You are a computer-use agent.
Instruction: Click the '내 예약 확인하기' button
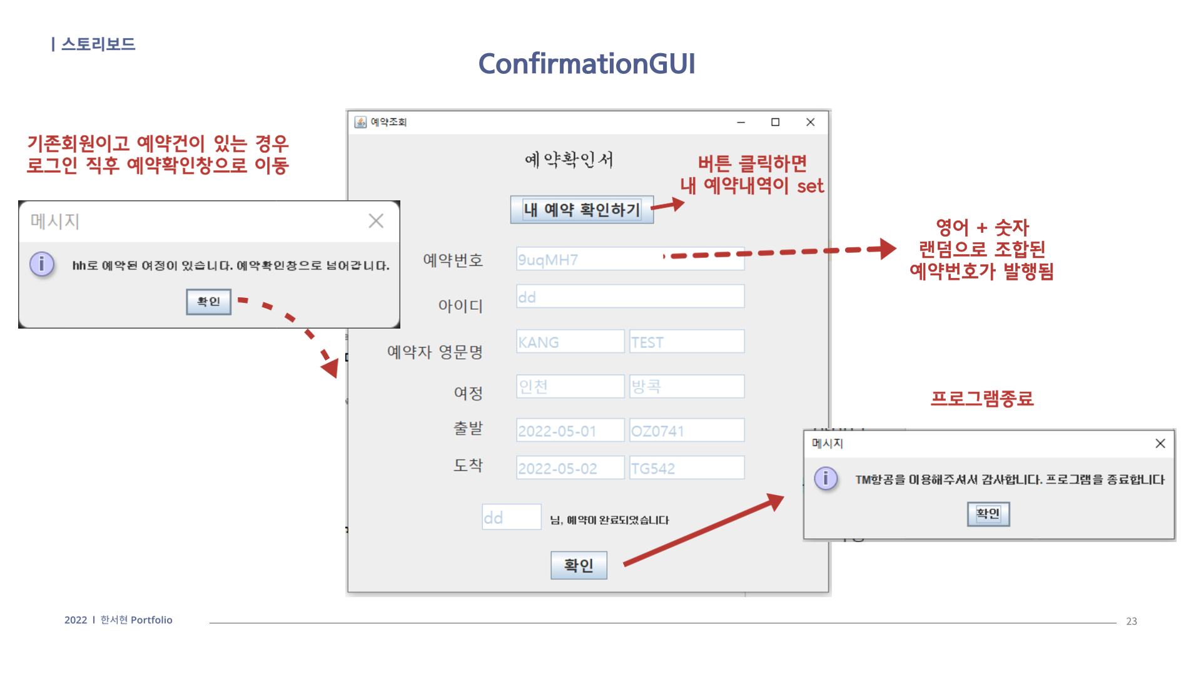(582, 210)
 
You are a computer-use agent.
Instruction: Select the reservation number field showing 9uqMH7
(630, 259)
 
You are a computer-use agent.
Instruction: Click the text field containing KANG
(570, 342)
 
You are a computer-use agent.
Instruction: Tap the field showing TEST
(686, 342)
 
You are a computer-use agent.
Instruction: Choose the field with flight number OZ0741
(686, 431)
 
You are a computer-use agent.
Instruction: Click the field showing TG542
(686, 468)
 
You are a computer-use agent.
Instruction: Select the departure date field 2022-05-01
(570, 431)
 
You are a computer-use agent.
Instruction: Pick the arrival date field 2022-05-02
(570, 468)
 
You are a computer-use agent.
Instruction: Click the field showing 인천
(570, 386)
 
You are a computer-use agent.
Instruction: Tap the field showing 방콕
(686, 386)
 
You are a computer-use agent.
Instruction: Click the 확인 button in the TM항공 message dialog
(988, 514)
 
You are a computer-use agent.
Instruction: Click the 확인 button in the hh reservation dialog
(208, 302)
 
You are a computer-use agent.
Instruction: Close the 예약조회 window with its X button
(810, 122)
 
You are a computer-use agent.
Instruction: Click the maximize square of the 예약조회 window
(775, 122)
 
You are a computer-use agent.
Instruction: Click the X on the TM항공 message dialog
(1160, 443)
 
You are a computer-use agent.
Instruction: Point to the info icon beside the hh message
(42, 264)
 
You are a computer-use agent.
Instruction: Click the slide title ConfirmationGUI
(586, 64)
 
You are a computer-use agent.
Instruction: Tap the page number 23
(1131, 621)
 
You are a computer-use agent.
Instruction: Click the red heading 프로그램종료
(981, 399)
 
